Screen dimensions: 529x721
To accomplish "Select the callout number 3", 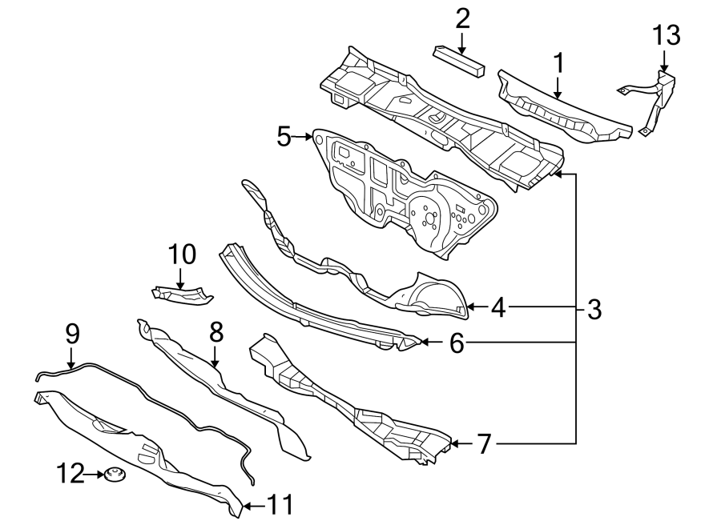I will click(593, 309).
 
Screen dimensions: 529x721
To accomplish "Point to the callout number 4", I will click(498, 307).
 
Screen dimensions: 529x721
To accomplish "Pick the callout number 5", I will click(284, 137).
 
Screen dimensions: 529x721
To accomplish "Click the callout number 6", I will click(456, 343).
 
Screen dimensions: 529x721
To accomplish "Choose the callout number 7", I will click(483, 443).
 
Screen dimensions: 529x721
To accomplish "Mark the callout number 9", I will click(71, 334).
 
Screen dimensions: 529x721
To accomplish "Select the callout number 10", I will click(182, 254).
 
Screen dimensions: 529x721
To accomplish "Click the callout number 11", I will click(280, 505).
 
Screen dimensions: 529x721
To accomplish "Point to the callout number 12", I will click(70, 475).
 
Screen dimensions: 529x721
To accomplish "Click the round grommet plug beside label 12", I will click(113, 476).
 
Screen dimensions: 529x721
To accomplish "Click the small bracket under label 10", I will click(183, 294).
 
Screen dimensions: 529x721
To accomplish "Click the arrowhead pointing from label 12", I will click(99, 475).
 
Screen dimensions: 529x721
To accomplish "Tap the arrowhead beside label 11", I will click(248, 506).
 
